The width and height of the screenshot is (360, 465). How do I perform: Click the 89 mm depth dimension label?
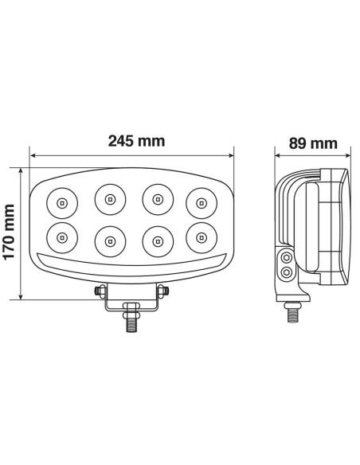click(x=311, y=143)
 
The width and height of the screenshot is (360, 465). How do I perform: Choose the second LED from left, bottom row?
click(x=108, y=239)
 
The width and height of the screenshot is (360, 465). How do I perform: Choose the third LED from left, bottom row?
click(x=155, y=239)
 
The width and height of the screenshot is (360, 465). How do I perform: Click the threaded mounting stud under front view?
click(x=130, y=324)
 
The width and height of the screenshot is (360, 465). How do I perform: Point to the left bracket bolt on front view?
click(x=100, y=291)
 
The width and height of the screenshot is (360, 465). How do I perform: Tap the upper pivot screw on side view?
click(x=288, y=259)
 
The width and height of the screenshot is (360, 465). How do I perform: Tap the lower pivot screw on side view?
click(x=288, y=274)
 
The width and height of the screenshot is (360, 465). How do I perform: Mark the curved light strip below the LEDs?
click(x=131, y=264)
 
